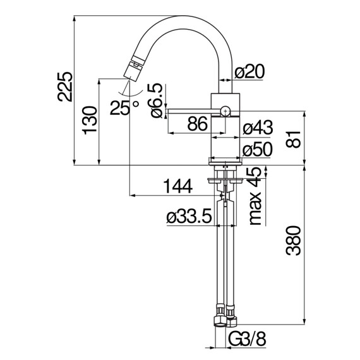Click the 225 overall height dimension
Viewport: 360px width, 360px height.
tap(65, 87)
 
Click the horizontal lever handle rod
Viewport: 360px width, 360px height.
tap(189, 112)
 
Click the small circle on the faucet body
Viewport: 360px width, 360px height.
tap(225, 112)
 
